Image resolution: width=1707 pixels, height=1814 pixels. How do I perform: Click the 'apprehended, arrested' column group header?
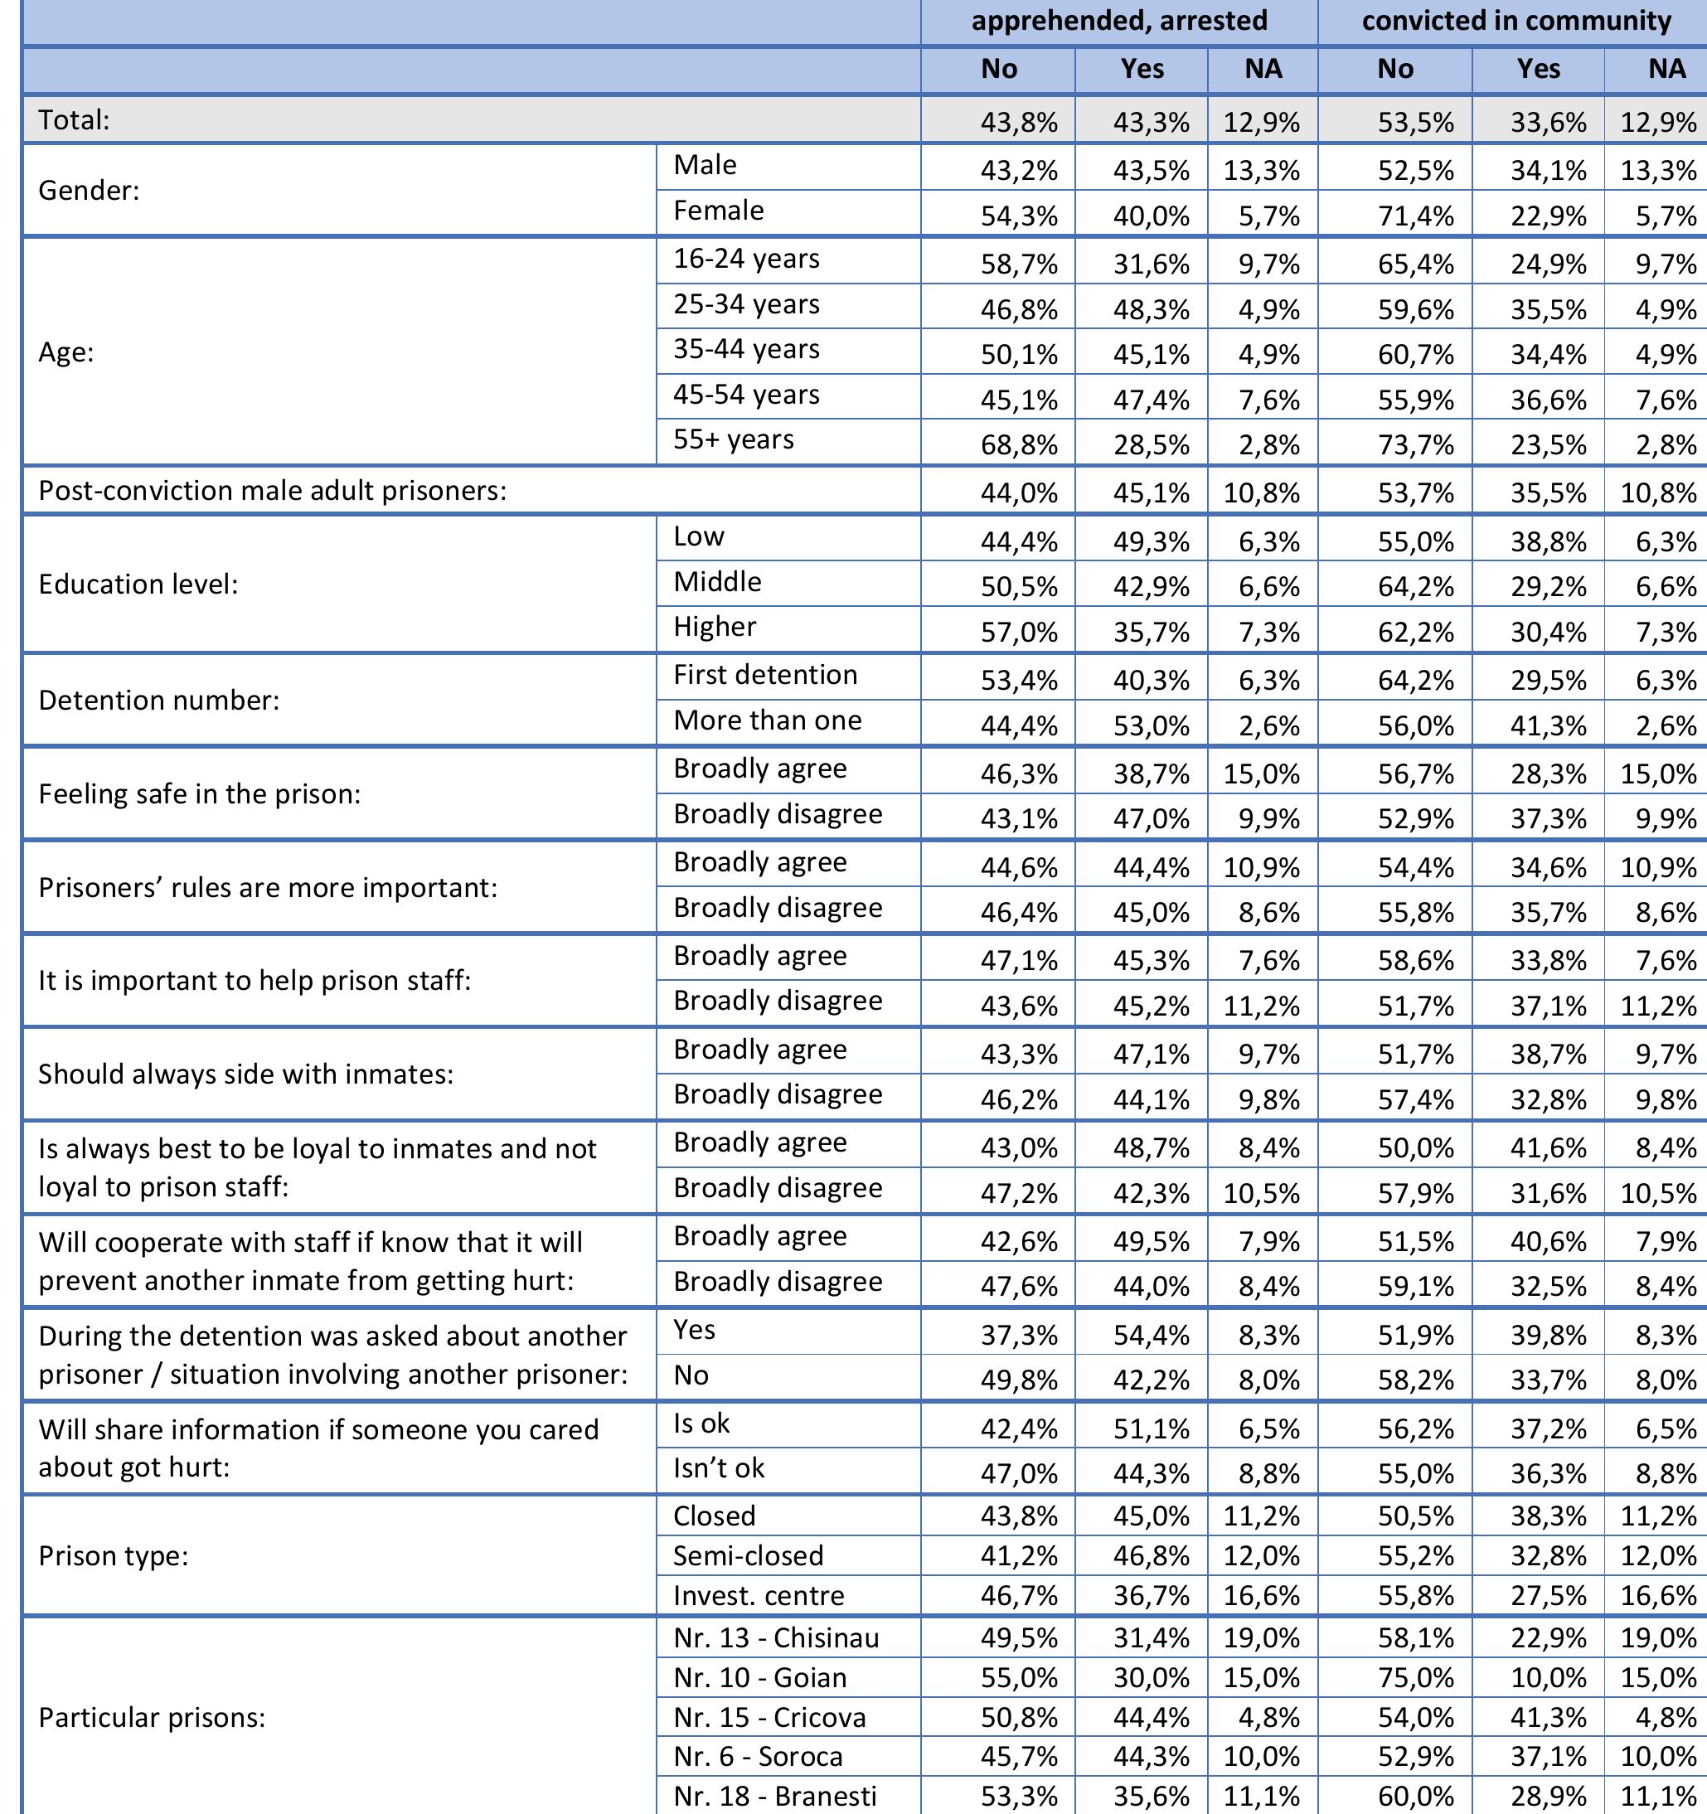tap(1118, 21)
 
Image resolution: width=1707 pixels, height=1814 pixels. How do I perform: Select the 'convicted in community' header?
tap(1515, 21)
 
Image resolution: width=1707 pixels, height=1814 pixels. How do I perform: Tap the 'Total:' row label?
tap(74, 119)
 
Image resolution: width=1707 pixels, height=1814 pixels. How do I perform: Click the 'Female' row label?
tap(718, 211)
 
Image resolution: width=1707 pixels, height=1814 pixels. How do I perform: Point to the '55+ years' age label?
tap(734, 439)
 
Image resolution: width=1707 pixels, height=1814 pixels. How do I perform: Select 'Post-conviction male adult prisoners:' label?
tap(272, 491)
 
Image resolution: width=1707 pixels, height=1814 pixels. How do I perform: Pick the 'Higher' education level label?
tap(715, 627)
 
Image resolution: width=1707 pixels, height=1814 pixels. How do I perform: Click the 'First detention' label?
tap(765, 675)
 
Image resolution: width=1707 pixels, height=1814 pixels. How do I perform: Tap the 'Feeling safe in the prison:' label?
tap(199, 794)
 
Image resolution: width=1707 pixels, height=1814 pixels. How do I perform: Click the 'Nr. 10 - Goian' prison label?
tap(760, 1678)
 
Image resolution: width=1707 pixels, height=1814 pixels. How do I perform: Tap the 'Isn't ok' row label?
tap(719, 1468)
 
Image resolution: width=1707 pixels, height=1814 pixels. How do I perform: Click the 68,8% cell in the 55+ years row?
tap(1019, 445)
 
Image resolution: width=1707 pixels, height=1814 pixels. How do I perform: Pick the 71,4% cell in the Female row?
tap(1415, 217)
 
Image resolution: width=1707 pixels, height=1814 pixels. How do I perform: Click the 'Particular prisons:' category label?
tap(152, 1718)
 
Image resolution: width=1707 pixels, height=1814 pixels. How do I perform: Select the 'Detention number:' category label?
tap(158, 700)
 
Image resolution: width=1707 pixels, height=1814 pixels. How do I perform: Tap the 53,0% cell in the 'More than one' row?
tap(1152, 726)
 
